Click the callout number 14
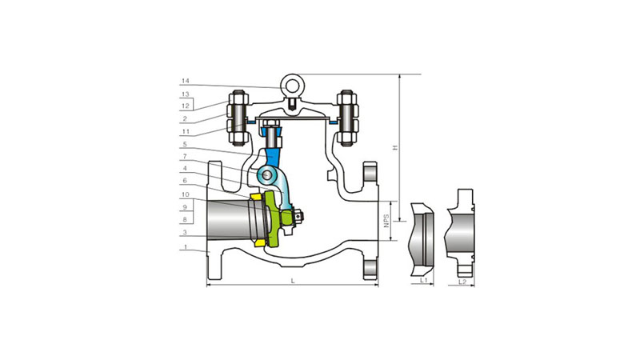[186, 82]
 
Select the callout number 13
[186, 94]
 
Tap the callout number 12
[186, 106]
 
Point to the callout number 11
[186, 132]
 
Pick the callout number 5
[185, 144]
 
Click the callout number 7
[185, 156]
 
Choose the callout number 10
[186, 194]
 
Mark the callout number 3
[185, 233]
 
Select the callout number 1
[186, 247]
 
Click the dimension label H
[394, 147]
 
